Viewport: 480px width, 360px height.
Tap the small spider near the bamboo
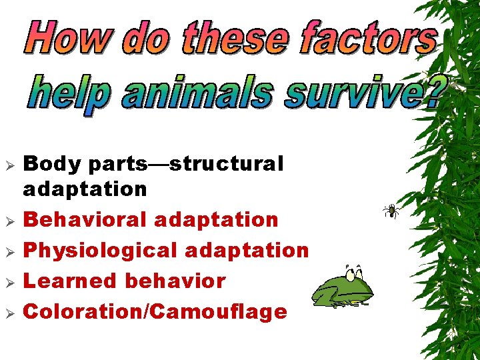(392, 211)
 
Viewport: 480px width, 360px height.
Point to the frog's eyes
(354, 271)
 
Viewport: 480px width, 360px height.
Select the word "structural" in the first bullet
(226, 163)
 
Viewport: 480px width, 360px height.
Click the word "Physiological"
(100, 251)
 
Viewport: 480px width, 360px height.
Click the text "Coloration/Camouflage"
(155, 311)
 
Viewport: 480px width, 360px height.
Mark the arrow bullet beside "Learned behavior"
(9, 282)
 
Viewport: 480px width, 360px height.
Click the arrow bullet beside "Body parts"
(9, 164)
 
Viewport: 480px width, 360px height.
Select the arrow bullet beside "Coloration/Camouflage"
(9, 313)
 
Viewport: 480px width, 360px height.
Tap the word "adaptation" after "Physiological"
(247, 250)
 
